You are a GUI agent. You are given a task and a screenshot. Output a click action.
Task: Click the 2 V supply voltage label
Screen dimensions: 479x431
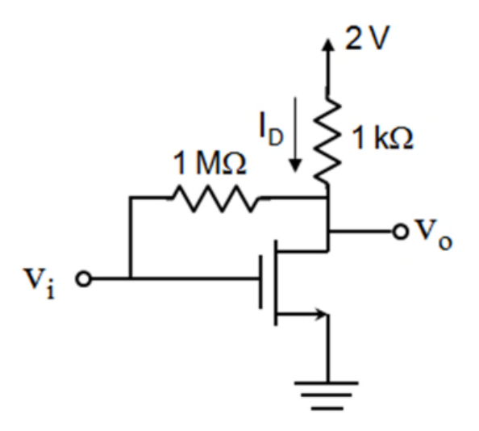coord(367,37)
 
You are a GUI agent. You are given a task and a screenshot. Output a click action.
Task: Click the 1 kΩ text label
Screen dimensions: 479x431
coord(382,138)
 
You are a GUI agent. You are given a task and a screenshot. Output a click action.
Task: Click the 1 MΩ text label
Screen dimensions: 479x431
coord(209,163)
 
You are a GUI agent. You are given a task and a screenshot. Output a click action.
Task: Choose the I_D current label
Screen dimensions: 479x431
coord(271,129)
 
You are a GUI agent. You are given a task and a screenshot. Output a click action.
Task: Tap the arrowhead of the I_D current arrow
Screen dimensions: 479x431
coord(295,165)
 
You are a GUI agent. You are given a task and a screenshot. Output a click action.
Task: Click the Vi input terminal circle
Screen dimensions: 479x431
coord(83,278)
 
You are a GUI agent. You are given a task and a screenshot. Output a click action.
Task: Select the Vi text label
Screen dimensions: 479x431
coord(40,283)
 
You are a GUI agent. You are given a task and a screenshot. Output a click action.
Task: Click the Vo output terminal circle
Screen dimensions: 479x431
coord(401,232)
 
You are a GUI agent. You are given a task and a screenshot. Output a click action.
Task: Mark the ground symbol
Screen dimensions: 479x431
coord(327,395)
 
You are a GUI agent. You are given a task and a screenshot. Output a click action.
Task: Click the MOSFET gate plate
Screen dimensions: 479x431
coord(260,282)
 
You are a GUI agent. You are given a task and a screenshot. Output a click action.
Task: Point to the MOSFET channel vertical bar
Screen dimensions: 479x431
coord(276,282)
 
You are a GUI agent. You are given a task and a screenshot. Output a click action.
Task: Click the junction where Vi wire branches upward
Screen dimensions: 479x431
coord(131,278)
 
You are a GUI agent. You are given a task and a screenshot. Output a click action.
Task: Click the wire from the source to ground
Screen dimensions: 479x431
coord(327,348)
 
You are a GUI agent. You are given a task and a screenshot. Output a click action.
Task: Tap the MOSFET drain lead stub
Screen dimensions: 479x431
coord(302,251)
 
